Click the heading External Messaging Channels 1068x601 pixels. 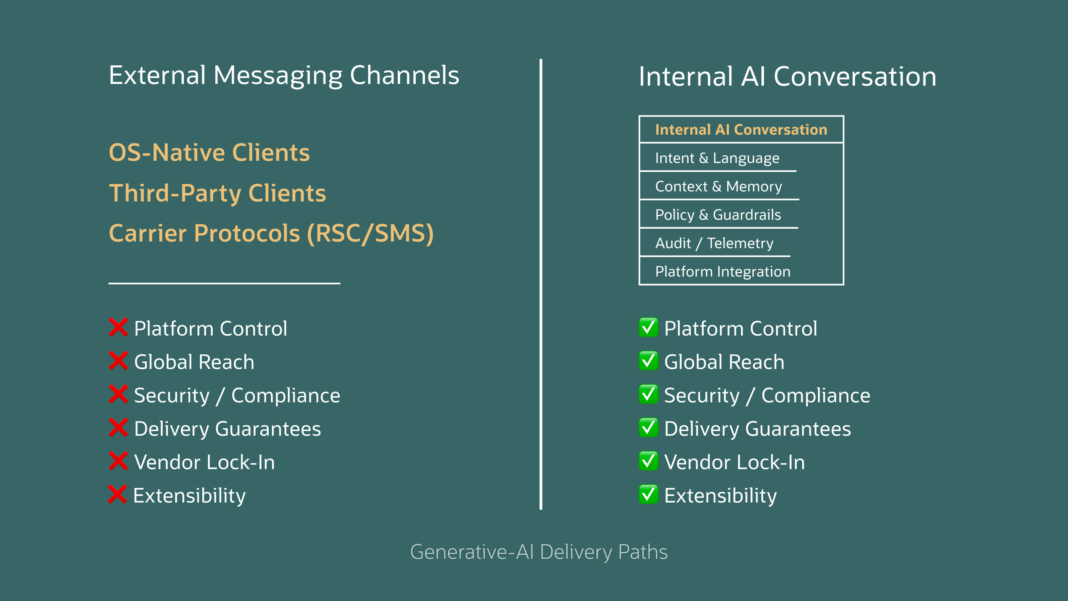click(284, 76)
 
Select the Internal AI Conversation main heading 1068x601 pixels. click(787, 77)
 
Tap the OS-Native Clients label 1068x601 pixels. click(209, 153)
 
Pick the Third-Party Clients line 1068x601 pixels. click(217, 193)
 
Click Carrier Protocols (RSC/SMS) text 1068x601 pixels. click(271, 233)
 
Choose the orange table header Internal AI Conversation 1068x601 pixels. click(741, 130)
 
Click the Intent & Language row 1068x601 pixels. click(717, 158)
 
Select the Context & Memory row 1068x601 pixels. click(718, 186)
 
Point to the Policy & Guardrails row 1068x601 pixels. click(718, 215)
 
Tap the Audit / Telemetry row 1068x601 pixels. click(714, 243)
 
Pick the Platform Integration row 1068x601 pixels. click(722, 271)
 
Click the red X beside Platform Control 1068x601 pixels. click(118, 327)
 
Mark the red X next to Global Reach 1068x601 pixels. click(118, 361)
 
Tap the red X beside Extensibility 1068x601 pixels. click(117, 494)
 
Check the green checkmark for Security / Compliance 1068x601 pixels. click(648, 394)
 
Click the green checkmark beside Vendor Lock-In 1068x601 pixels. click(648, 461)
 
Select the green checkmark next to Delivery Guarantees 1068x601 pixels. click(648, 427)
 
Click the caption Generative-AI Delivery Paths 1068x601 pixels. click(538, 552)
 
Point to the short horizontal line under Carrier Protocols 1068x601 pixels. click(224, 283)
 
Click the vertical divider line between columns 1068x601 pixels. click(541, 284)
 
